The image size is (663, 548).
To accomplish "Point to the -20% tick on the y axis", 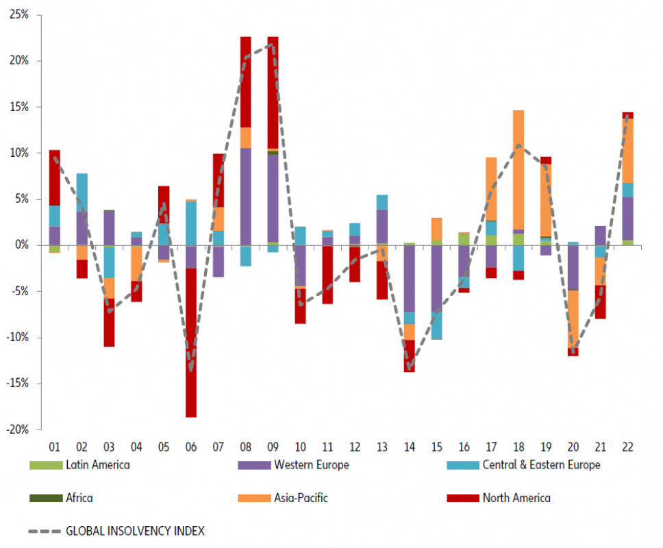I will tap(18, 429).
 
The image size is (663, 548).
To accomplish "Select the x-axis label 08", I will tap(245, 447).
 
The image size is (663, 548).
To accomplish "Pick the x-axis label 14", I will tap(409, 447).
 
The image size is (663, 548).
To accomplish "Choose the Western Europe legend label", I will tap(311, 465).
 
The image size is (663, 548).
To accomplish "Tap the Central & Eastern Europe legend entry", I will tap(541, 465).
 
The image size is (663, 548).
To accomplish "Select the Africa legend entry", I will tap(79, 498).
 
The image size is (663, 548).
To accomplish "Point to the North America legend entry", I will tap(516, 498).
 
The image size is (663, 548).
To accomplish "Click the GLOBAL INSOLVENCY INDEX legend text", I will tap(135, 530).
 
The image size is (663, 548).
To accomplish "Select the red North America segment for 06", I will tap(190, 342).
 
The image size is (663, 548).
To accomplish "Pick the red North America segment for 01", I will tap(55, 177).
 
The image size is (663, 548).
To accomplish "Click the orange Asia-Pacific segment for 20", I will tap(573, 319).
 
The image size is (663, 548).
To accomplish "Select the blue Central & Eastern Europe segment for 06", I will tap(190, 223).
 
